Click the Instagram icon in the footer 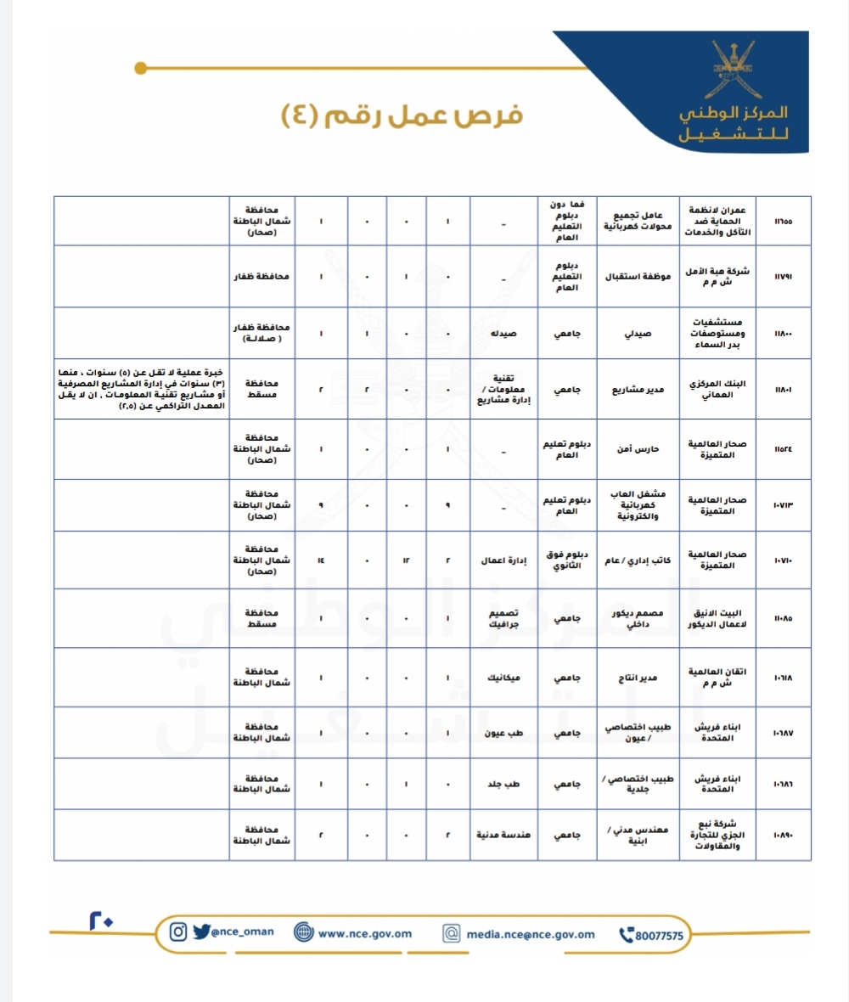click(178, 932)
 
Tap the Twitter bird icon click(200, 932)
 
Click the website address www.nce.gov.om click(365, 933)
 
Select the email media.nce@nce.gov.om click(531, 934)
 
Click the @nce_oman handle click(243, 931)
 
